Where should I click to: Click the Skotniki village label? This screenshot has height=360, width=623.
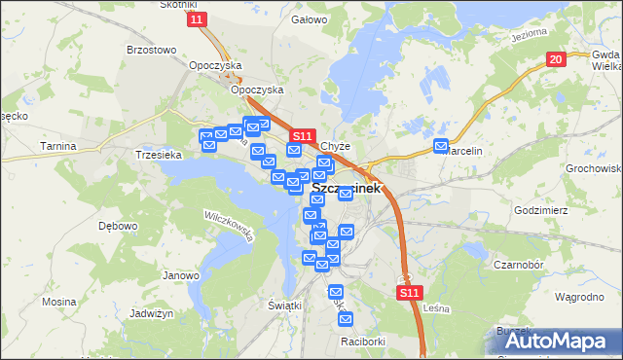pos(179,5)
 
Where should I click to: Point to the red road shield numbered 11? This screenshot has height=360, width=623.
pos(199,19)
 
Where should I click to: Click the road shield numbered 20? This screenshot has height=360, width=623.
pos(555,59)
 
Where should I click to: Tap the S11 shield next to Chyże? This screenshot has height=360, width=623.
pos(302,137)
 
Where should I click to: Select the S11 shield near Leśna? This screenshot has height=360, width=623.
pos(410,292)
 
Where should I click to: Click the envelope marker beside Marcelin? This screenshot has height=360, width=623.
pos(441,148)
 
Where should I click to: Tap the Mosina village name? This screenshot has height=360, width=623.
pos(59,302)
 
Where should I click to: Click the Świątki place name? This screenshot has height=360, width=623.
pos(284,305)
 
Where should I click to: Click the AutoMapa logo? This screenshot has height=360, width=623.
pos(557,340)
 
